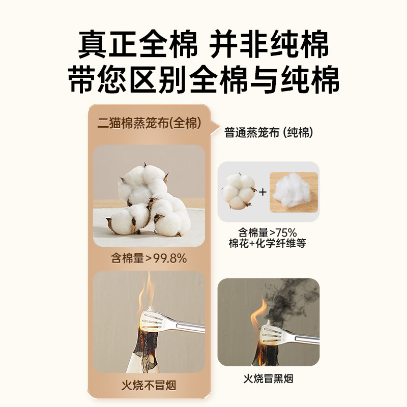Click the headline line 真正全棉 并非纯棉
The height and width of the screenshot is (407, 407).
pos(203,45)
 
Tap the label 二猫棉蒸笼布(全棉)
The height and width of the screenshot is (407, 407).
pos(149,124)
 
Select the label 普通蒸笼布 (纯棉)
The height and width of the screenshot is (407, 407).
pos(269,133)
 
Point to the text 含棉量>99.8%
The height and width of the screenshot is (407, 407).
pos(149,258)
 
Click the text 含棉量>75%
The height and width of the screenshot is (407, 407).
pos(268,234)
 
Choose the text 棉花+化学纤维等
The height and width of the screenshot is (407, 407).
pos(268,244)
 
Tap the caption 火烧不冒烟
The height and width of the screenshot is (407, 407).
pos(149,385)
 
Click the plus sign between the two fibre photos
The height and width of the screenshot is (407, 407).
pos(263,192)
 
